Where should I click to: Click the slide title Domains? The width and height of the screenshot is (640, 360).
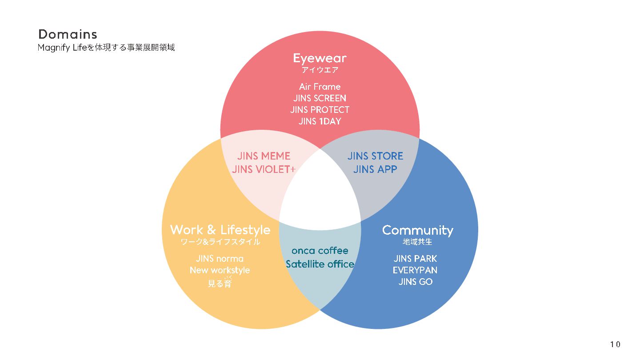68,34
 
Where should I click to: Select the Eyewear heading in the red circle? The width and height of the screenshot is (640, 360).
320,58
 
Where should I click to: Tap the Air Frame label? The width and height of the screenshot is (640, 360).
320,87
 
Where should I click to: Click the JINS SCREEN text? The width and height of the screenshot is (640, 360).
320,98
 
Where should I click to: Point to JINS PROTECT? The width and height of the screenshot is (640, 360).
320,110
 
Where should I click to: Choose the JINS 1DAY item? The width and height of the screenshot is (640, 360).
320,121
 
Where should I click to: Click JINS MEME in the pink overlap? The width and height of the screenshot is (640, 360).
264,156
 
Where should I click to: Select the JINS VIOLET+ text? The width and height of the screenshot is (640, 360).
264,169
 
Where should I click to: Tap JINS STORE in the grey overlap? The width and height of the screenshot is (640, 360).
375,156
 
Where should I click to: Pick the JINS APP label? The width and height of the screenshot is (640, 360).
375,169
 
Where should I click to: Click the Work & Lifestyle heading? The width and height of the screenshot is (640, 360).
220,230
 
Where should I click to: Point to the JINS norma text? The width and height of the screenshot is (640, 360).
220,259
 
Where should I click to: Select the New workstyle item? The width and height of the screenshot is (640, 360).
220,270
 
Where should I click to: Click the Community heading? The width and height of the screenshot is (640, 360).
417,230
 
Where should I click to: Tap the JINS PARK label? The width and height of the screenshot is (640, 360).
415,259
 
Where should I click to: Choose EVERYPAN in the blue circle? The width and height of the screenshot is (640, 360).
415,270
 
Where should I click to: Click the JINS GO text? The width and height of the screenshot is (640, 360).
415,282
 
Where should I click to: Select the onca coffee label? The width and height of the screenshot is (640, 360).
320,251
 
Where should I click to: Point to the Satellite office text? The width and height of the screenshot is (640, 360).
320,264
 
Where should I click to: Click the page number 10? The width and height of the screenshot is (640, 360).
615,344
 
